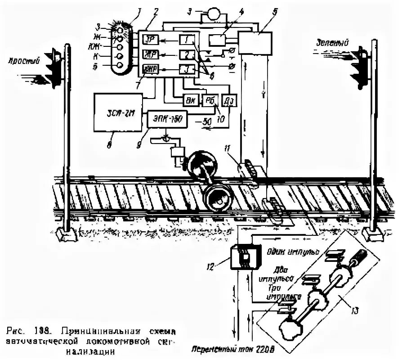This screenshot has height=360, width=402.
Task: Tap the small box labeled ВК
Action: click(x=189, y=101)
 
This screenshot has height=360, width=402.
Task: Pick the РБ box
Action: click(x=209, y=101)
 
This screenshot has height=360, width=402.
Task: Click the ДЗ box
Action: click(x=227, y=101)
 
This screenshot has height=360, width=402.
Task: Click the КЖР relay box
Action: click(x=149, y=69)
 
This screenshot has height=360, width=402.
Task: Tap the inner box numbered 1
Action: click(x=186, y=40)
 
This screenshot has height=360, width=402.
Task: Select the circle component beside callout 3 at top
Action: click(x=214, y=14)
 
